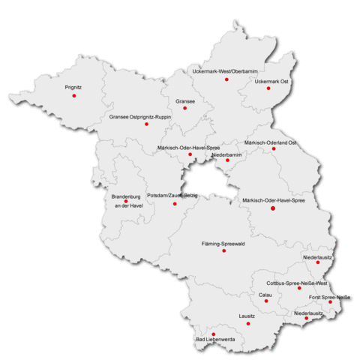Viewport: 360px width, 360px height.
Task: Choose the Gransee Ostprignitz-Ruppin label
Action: (x=140, y=118)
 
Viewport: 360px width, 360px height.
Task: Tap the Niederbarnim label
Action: (x=226, y=154)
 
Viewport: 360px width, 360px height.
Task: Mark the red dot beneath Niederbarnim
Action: (x=227, y=160)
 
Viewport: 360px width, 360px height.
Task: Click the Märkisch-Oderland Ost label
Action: (x=271, y=142)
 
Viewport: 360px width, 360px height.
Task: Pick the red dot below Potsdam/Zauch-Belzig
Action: (x=175, y=203)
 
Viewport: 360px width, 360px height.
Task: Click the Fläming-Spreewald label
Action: (x=224, y=244)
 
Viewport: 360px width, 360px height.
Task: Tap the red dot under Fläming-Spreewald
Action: (x=223, y=250)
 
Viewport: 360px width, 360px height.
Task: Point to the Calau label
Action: (x=265, y=295)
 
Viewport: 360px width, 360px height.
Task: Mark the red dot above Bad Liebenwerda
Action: (x=214, y=334)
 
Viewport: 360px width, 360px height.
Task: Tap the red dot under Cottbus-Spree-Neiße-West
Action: (x=299, y=288)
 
